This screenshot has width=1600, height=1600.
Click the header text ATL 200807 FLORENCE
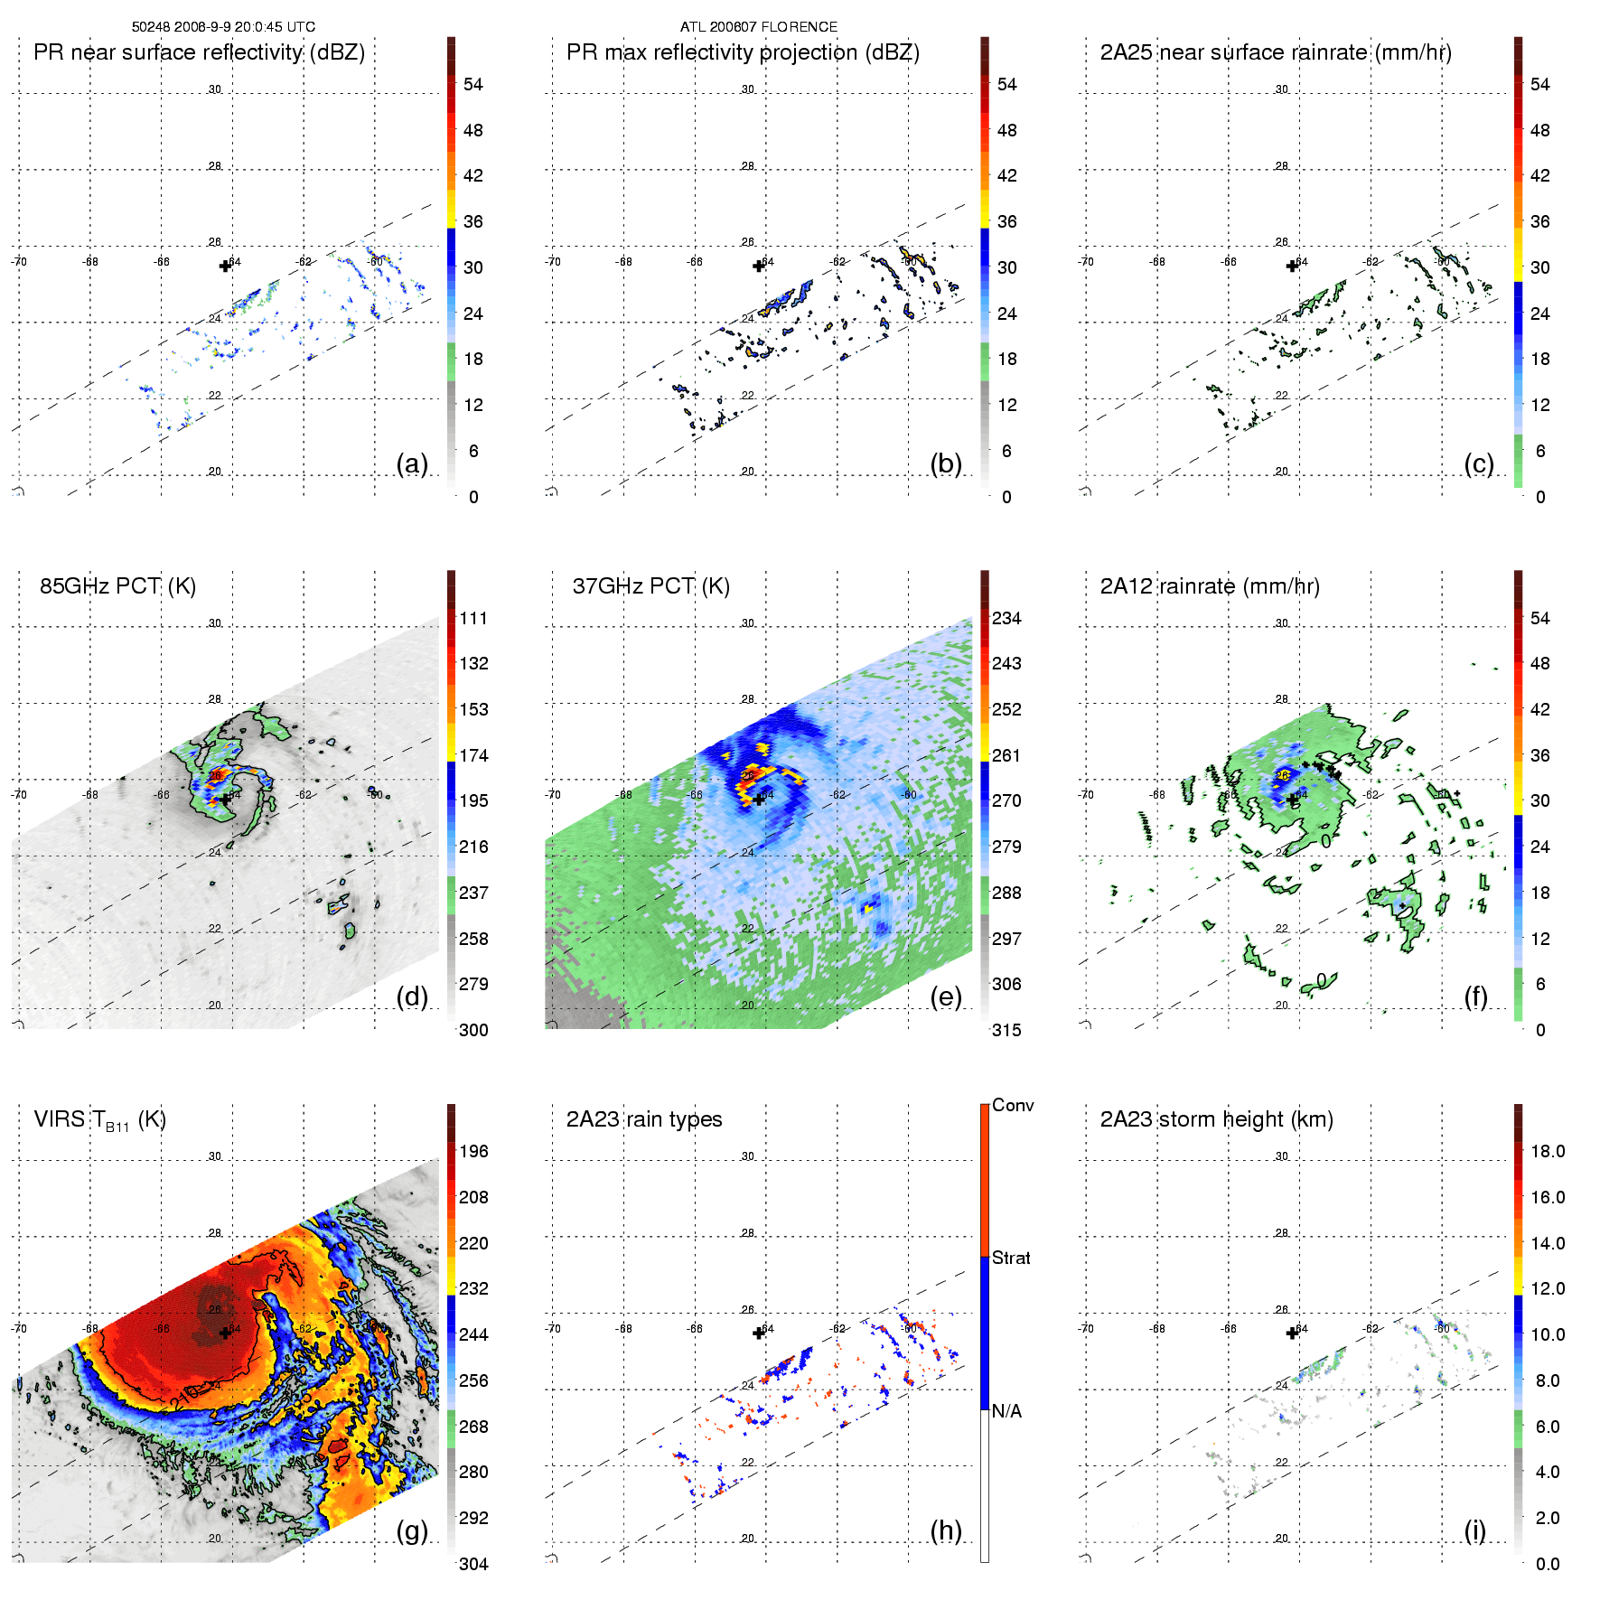point(758,27)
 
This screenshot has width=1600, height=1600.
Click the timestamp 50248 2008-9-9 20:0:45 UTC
point(223,27)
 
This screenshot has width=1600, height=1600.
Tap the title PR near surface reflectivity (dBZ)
point(199,52)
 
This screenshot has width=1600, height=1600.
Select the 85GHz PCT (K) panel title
point(117,586)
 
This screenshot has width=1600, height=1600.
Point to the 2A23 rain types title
point(644,1119)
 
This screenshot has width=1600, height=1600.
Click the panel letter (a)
point(412,464)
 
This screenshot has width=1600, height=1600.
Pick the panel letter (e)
point(946,997)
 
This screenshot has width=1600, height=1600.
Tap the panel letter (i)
point(1474,1530)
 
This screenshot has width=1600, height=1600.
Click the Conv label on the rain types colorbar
point(1013,1105)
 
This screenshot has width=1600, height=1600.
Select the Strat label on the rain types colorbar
point(1011,1258)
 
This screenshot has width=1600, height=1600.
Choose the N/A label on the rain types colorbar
point(1006,1411)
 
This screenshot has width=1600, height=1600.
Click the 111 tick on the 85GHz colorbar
point(473,618)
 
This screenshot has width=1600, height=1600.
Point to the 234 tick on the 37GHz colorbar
point(1006,618)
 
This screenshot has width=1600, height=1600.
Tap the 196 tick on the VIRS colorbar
point(473,1151)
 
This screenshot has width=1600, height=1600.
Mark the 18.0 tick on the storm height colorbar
point(1548,1151)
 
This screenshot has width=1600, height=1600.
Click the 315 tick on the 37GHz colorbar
point(1006,1030)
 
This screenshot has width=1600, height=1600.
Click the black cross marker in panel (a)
point(225,266)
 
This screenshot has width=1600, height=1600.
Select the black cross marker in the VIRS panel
point(225,1333)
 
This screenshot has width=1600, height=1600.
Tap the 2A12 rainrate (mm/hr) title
point(1210,586)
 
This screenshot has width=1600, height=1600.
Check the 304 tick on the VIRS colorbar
point(473,1564)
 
